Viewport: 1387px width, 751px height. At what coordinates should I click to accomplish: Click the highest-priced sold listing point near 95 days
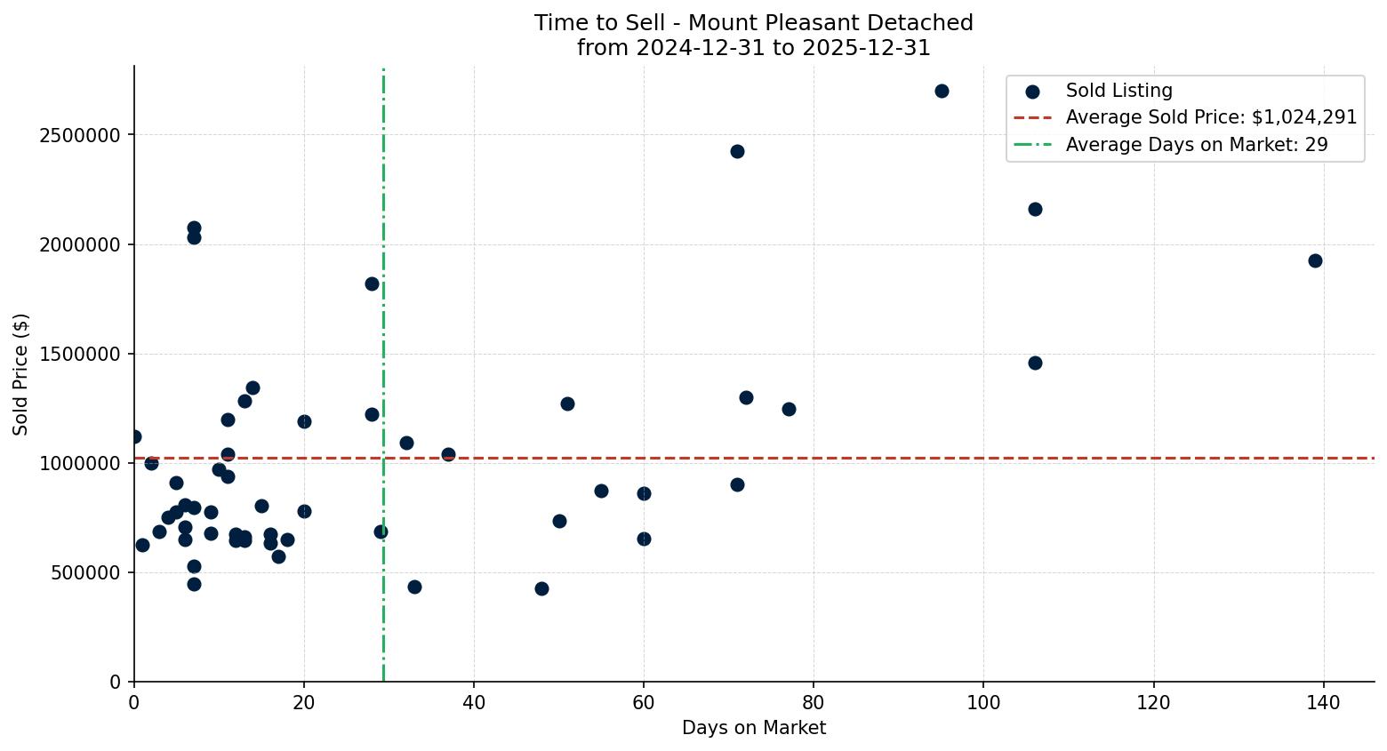point(942,91)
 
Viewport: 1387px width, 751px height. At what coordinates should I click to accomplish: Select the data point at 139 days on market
point(1315,260)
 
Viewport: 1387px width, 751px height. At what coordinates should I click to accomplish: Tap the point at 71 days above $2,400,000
point(737,151)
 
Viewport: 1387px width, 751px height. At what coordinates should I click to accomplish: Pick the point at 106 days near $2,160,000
point(1035,209)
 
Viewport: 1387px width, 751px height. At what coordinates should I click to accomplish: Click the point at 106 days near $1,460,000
point(1035,363)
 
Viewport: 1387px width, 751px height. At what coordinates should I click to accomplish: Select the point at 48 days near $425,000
point(541,588)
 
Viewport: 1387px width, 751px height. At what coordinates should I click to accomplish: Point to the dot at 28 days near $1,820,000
point(372,284)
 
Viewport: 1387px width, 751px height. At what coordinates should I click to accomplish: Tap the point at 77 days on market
point(789,409)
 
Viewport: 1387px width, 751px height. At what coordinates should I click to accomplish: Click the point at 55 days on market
point(601,491)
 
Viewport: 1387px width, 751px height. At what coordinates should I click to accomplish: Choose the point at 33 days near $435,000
point(414,587)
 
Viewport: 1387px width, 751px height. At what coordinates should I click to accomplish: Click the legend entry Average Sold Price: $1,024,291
point(1211,117)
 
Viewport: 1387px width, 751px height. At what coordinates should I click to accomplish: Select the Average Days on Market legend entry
point(1197,145)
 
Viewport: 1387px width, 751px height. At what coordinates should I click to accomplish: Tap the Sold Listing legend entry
point(1118,91)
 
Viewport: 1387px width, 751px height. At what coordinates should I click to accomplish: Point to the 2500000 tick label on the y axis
point(80,135)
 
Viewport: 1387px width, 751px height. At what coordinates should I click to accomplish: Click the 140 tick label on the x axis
point(1324,703)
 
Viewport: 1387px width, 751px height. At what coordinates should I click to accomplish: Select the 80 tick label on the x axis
point(814,703)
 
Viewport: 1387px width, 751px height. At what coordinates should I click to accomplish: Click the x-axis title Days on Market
point(754,728)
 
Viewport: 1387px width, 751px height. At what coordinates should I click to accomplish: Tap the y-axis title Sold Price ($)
point(20,374)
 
